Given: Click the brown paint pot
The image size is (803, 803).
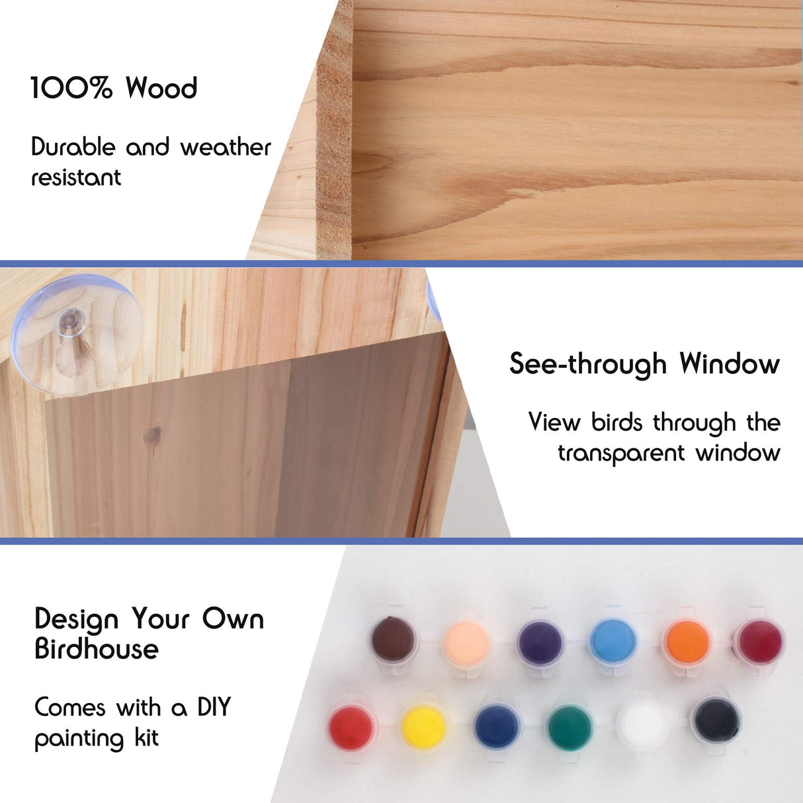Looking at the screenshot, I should [x=394, y=640].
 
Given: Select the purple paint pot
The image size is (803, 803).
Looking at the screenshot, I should [x=540, y=642].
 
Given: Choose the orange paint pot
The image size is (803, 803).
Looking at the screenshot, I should [x=687, y=642].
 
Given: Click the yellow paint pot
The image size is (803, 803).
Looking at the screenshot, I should [x=424, y=727].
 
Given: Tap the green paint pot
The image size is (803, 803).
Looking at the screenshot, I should [x=570, y=727].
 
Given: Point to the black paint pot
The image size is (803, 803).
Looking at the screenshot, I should [x=716, y=719].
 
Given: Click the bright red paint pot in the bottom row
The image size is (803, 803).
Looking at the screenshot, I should [x=351, y=726].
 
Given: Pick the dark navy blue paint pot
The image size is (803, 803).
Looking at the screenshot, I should [x=496, y=726].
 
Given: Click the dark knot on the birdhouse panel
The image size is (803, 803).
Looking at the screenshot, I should [x=153, y=435].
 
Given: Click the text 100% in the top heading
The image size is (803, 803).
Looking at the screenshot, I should [x=71, y=88].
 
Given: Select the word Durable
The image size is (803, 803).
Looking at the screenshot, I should [x=73, y=147].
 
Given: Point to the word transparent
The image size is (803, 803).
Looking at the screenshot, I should [x=620, y=453].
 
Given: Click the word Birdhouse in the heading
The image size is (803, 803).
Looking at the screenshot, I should [x=97, y=649].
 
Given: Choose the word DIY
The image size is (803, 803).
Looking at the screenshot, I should [x=214, y=707].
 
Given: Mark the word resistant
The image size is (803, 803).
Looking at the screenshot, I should [x=76, y=177].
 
